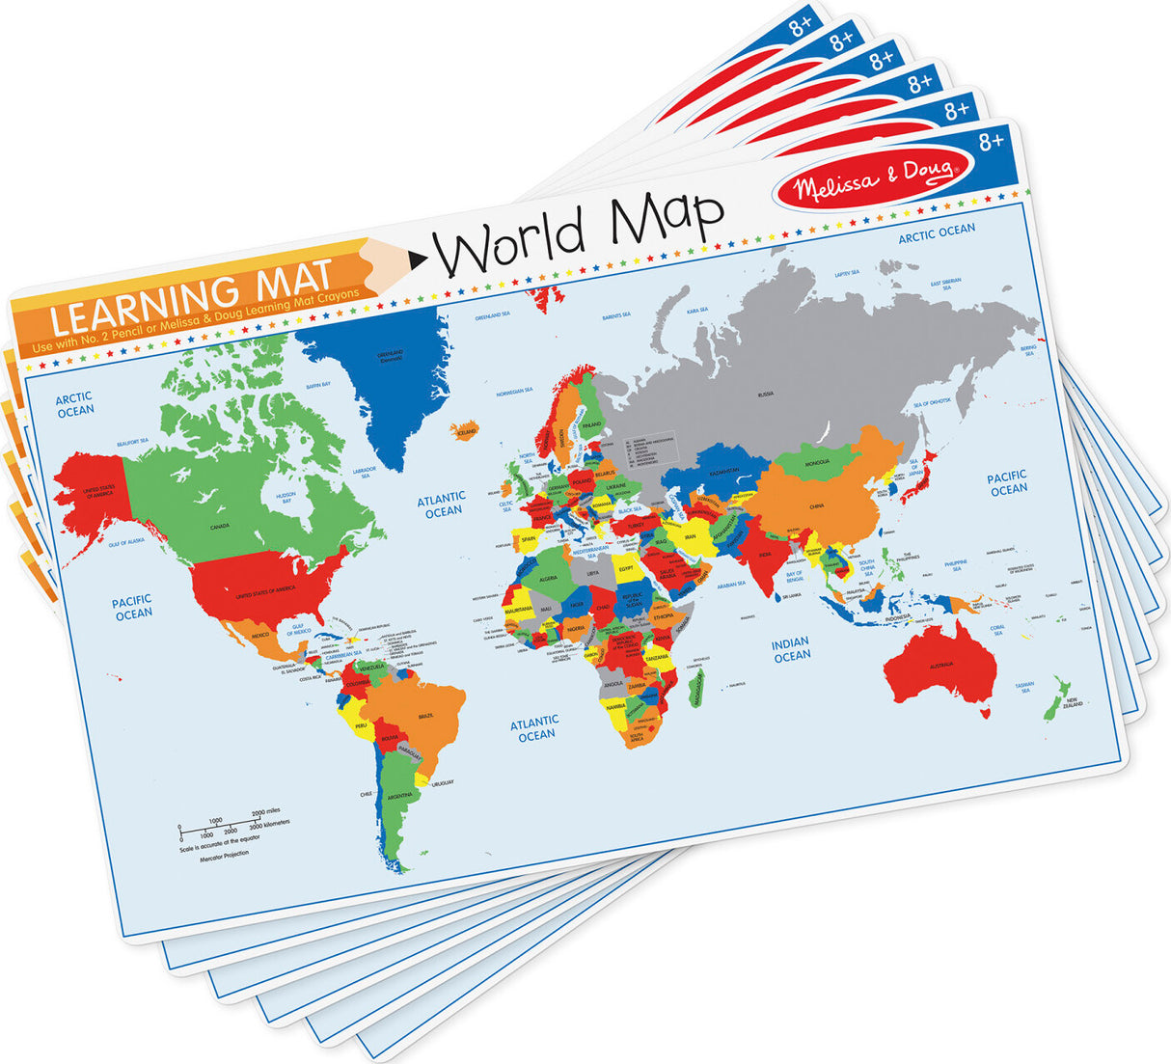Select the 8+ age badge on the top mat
[991, 142]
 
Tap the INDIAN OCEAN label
[791, 649]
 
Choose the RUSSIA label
[766, 394]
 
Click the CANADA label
[220, 527]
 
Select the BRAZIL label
[425, 715]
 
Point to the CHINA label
[816, 505]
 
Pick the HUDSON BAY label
[286, 498]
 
